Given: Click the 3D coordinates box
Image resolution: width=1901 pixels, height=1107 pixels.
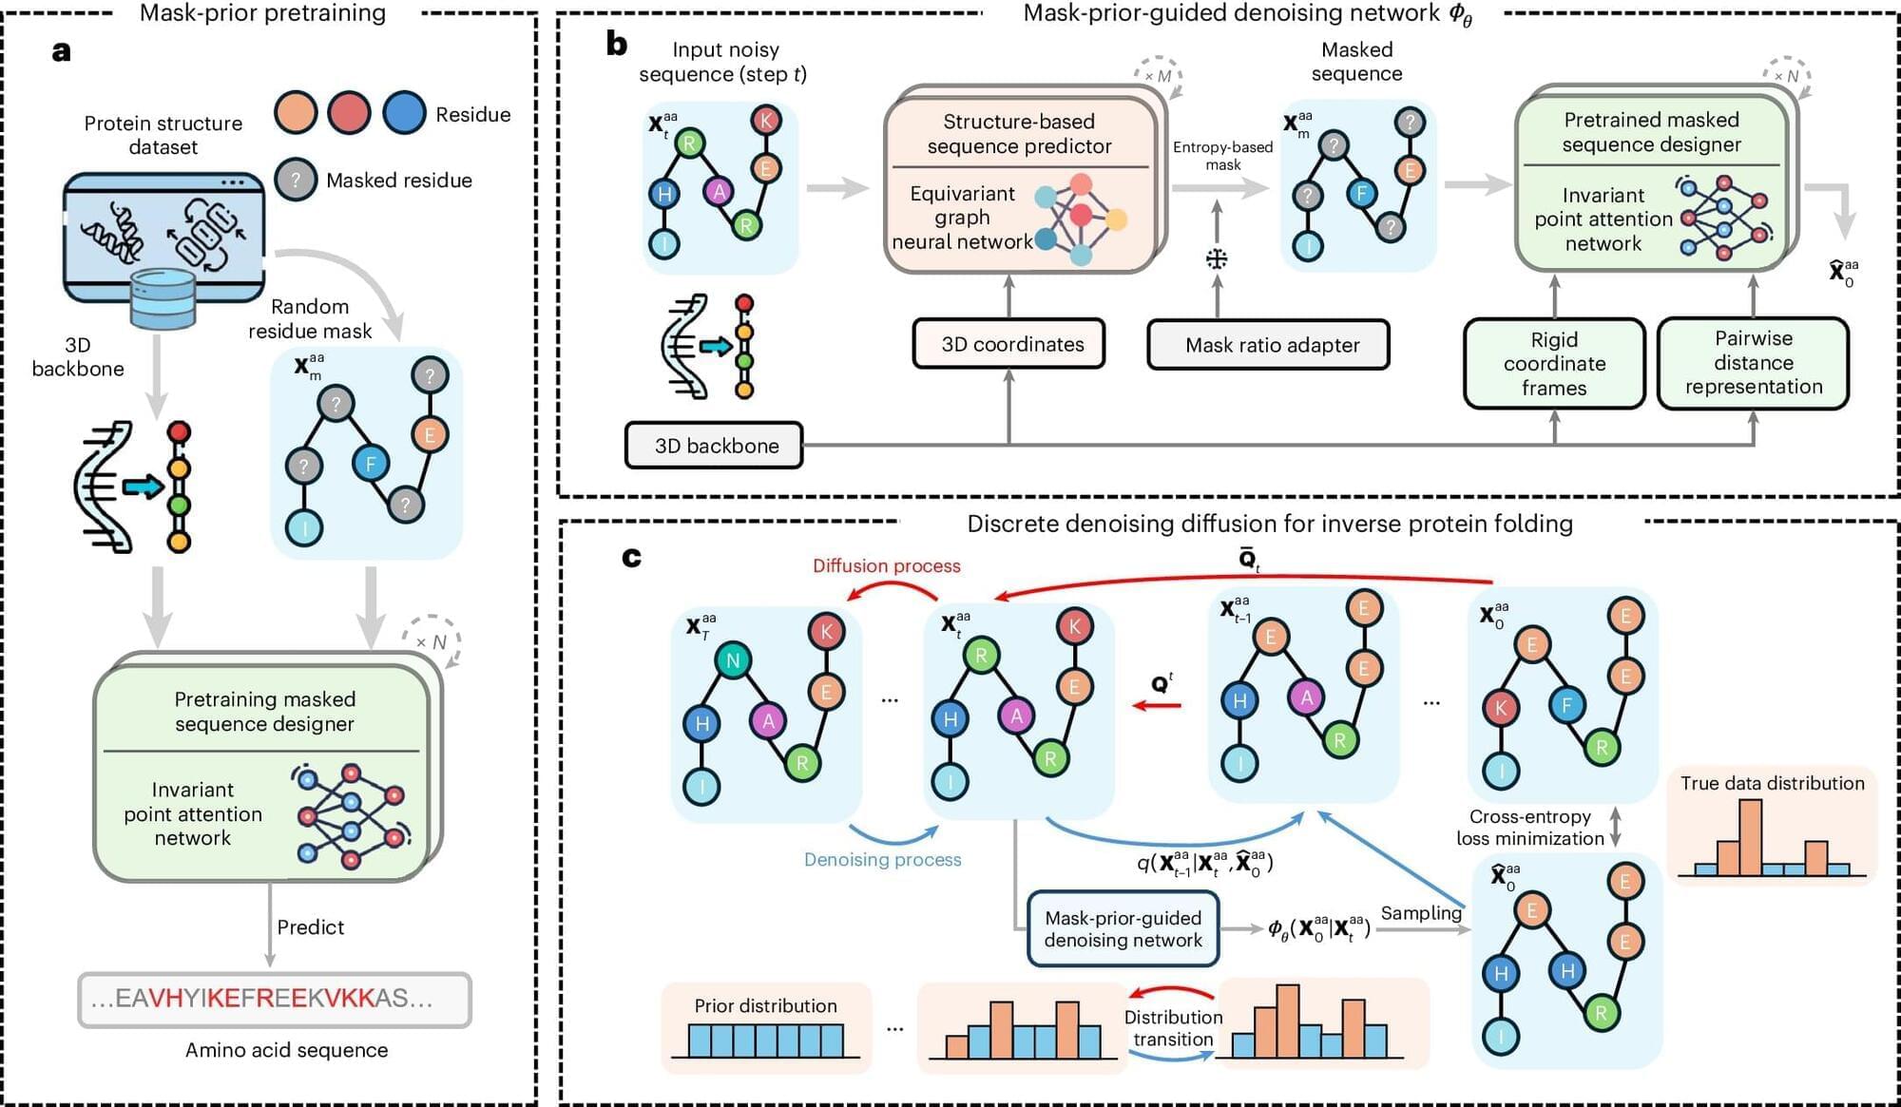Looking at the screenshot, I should pyautogui.click(x=1008, y=344).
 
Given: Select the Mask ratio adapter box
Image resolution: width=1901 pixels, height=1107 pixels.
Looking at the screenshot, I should pyautogui.click(x=1268, y=345).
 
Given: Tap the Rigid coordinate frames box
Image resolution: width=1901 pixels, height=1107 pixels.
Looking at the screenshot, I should pyautogui.click(x=1554, y=364).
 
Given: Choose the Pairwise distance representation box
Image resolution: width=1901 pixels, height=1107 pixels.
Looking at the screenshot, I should pyautogui.click(x=1753, y=363).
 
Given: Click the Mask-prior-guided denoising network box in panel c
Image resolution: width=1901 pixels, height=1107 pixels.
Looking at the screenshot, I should pyautogui.click(x=1123, y=929).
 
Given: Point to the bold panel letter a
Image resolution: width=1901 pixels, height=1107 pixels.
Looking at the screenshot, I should pyautogui.click(x=62, y=51).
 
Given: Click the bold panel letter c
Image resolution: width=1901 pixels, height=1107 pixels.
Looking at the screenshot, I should pyautogui.click(x=631, y=557).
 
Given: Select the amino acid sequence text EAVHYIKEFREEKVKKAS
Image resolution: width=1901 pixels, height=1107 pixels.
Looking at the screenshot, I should pyautogui.click(x=275, y=999).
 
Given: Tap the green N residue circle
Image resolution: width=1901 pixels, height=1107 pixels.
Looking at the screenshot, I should pyautogui.click(x=733, y=660).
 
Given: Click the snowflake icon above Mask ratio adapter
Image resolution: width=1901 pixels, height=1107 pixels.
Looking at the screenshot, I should pyautogui.click(x=1217, y=258).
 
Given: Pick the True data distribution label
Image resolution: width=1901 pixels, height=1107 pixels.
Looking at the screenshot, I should pyautogui.click(x=1772, y=783).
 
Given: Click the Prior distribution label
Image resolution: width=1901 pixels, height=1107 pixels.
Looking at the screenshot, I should pyautogui.click(x=765, y=1005).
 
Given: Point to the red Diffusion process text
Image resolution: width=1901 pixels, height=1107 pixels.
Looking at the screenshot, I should pyautogui.click(x=886, y=565).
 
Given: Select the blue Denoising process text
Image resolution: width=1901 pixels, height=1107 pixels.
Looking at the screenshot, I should pyautogui.click(x=882, y=859).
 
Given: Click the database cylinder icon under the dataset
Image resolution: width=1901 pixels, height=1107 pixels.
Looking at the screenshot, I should pyautogui.click(x=163, y=298).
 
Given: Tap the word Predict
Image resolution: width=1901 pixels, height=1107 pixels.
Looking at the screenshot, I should pyautogui.click(x=310, y=927).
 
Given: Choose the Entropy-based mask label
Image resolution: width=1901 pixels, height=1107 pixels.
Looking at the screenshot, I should pyautogui.click(x=1222, y=156).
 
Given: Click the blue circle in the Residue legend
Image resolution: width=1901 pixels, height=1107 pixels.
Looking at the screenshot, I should pyautogui.click(x=404, y=113).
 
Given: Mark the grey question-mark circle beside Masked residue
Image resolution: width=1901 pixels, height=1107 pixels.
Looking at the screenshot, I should pyautogui.click(x=296, y=180).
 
